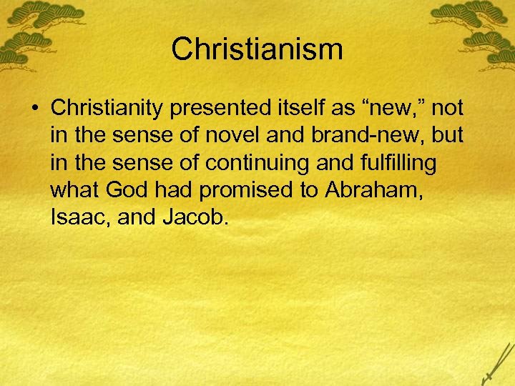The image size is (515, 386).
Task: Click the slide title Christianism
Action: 257,50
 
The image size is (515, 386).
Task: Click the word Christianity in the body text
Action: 108,109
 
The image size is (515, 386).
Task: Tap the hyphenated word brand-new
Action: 378,136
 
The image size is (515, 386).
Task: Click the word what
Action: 74,190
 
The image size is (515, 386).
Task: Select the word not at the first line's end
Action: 448,109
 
